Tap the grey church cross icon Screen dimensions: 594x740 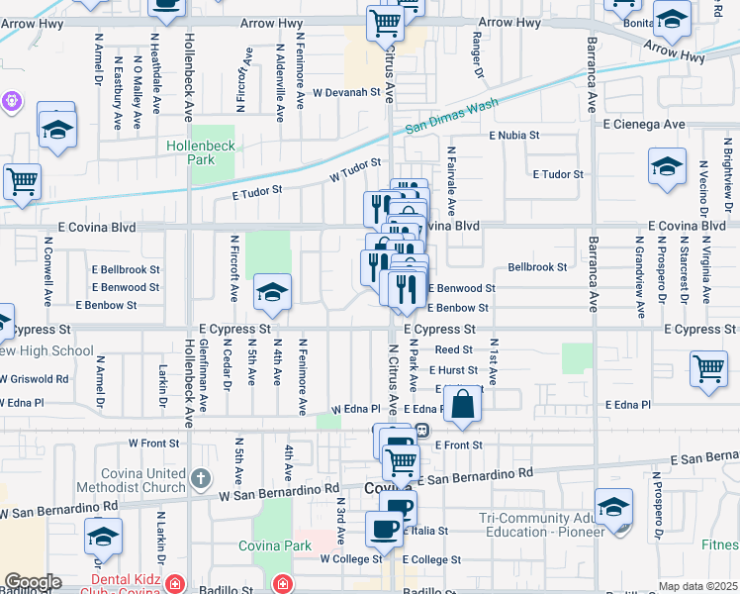tap(200, 479)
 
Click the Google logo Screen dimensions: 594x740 tap(33, 582)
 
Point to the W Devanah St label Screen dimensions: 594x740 tap(347, 92)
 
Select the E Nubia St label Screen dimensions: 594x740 tap(513, 135)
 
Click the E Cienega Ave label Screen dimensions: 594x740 tap(644, 125)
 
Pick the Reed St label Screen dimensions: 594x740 tap(453, 349)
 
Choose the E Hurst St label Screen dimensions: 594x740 tap(455, 370)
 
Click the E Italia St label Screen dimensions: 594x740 tap(424, 532)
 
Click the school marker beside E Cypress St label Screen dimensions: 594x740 tap(272, 292)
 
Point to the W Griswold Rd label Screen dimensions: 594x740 tap(35, 378)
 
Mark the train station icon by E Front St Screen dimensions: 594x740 tap(421, 430)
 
